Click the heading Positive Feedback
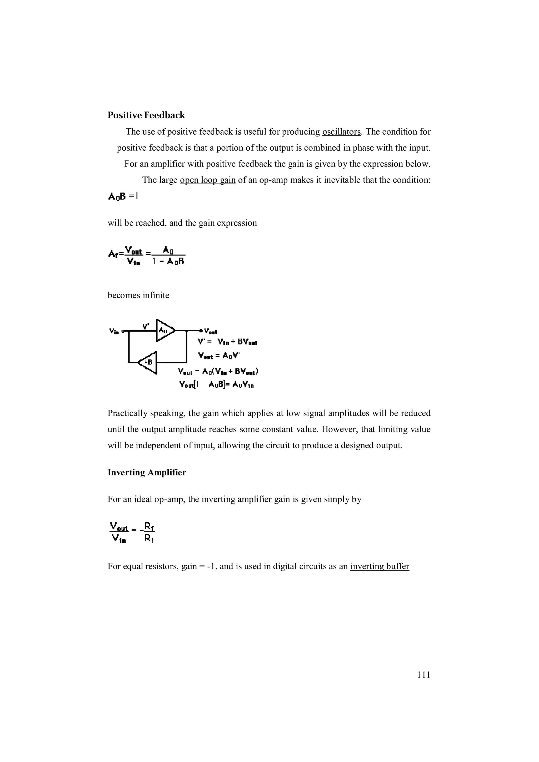pyautogui.click(x=146, y=115)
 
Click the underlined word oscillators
pyautogui.click(x=341, y=132)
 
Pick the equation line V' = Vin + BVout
pyautogui.click(x=227, y=342)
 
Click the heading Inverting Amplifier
pyautogui.click(x=147, y=472)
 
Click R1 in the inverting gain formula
pyautogui.click(x=149, y=539)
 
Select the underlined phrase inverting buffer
pyautogui.click(x=379, y=566)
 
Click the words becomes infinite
pyautogui.click(x=138, y=295)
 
